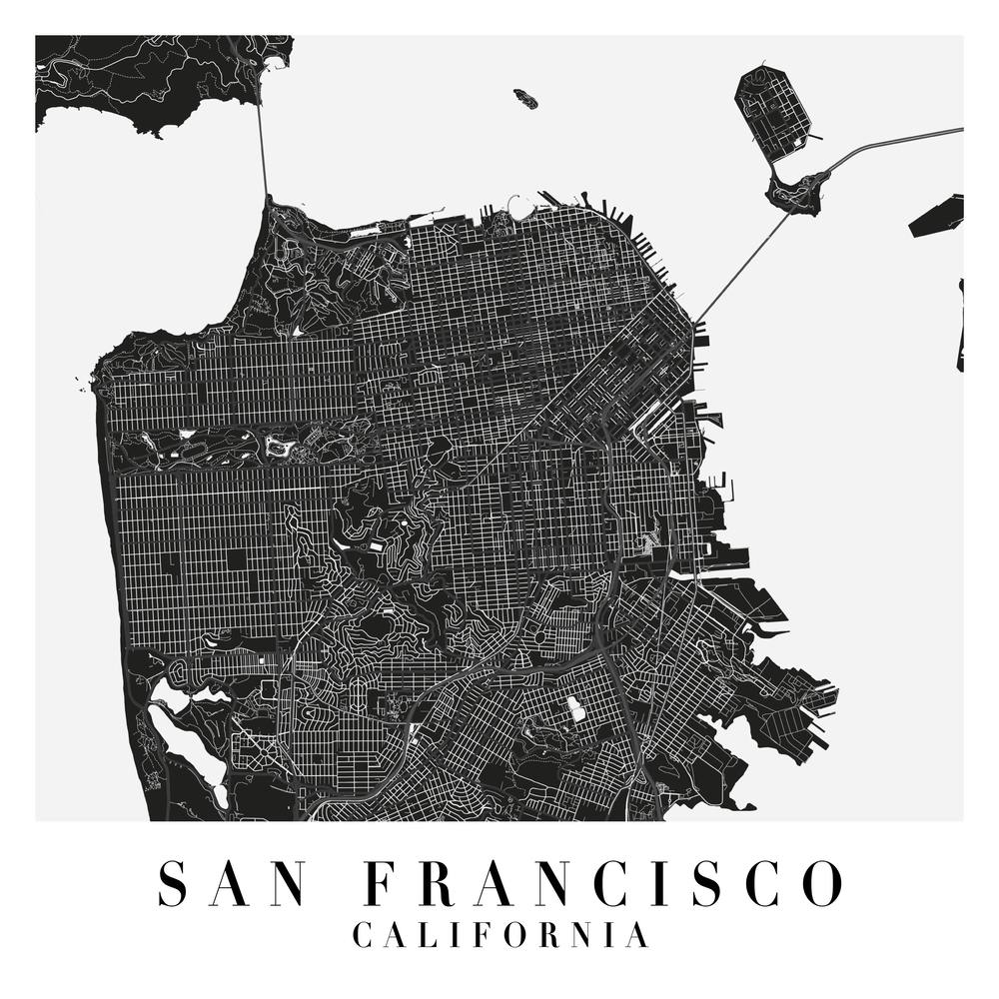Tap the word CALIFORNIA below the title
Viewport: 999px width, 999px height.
click(x=500, y=936)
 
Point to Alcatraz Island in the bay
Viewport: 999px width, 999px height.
click(x=525, y=97)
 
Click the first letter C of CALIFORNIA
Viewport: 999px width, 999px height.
click(x=364, y=936)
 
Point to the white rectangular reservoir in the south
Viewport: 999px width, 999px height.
click(x=576, y=710)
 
